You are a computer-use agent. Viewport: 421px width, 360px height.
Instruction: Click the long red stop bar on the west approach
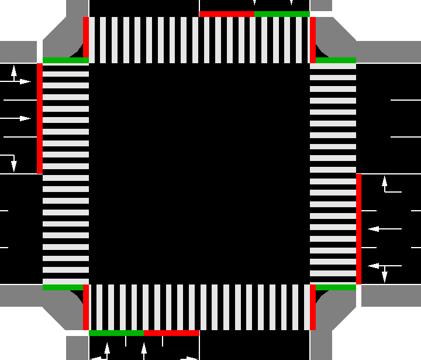(40, 118)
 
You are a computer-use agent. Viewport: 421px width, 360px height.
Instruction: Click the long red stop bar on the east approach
(358, 229)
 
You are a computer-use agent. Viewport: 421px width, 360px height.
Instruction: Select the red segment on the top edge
(227, 14)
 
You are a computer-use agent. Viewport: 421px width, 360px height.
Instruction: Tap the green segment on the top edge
(282, 14)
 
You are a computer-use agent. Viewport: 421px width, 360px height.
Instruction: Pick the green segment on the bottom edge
(116, 332)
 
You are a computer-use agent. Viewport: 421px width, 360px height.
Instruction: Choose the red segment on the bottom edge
(171, 332)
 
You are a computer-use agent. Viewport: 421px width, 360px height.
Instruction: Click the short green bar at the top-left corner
(65, 60)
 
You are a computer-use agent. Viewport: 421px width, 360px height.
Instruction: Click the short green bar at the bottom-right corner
(336, 287)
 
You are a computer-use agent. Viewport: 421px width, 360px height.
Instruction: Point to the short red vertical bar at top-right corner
(313, 40)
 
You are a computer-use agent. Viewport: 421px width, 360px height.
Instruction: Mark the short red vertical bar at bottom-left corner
(86, 307)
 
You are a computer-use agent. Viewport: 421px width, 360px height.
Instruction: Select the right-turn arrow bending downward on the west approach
(11, 162)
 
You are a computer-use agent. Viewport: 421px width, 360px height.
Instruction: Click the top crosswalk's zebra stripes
(199, 40)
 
